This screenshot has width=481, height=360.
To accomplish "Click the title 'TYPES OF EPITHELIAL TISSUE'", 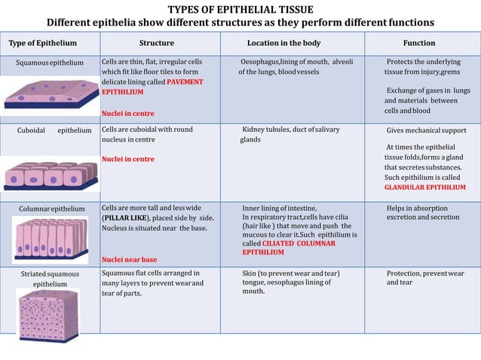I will point(240,9).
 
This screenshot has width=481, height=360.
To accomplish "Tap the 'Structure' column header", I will point(156,43).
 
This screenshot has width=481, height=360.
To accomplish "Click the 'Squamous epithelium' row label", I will point(50,62).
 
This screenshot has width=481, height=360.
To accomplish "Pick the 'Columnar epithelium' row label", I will point(51,209).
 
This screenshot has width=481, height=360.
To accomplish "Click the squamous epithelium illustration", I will point(50,95).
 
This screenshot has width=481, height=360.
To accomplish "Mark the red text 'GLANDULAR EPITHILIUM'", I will point(424,188).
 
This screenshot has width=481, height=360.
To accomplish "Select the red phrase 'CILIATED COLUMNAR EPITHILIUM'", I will point(290,248).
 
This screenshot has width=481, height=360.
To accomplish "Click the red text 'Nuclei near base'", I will point(129,260).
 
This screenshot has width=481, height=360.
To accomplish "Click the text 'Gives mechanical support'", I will point(426,130).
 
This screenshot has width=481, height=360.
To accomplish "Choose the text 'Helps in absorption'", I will point(417,209).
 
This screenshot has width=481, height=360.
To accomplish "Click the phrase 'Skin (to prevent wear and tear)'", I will point(290,273).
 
